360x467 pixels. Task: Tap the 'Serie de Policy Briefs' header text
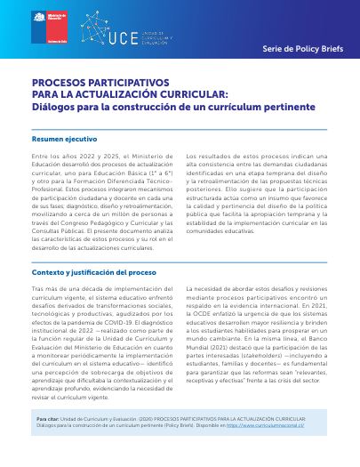[x=302, y=39]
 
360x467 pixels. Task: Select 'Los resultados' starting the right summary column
[x=210, y=155]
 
